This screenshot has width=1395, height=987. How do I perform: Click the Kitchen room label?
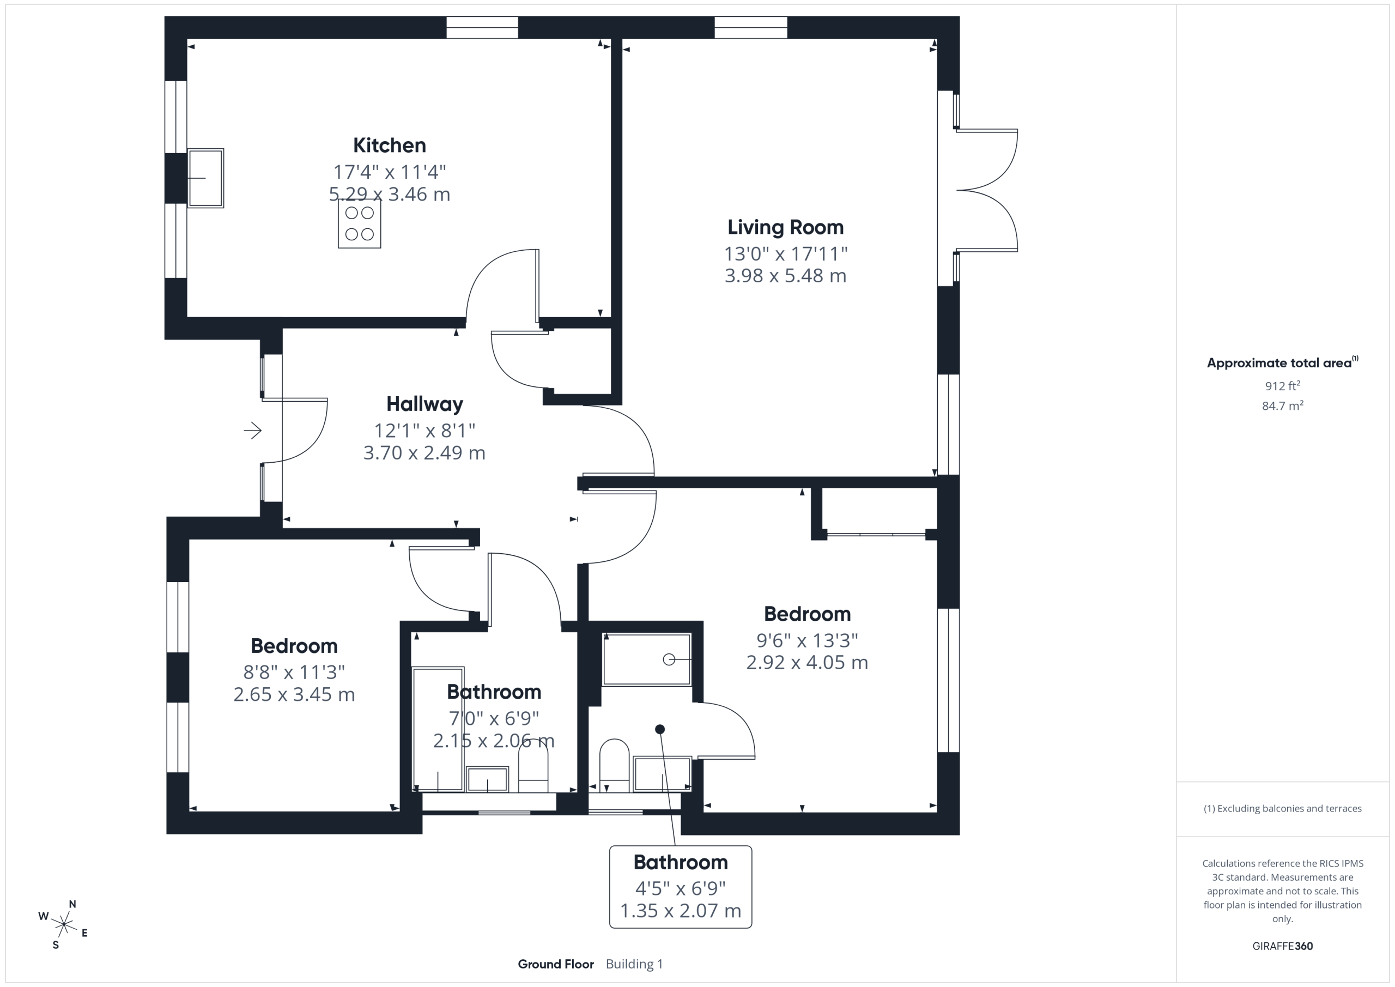[x=390, y=146]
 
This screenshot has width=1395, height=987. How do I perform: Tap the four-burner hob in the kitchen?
[x=360, y=223]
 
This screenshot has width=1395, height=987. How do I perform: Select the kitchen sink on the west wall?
[x=205, y=178]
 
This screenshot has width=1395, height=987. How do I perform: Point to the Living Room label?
[x=786, y=227]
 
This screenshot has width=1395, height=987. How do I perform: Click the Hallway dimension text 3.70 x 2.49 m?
[x=424, y=453]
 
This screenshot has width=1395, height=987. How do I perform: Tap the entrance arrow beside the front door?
[x=253, y=431]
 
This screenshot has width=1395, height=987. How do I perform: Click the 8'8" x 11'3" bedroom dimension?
[x=294, y=672]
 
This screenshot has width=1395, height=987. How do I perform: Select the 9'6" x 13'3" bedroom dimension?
[x=807, y=640]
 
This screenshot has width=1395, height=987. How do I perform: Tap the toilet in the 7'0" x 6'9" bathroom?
[x=533, y=767]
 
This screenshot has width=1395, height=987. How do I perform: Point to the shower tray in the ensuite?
[x=646, y=659]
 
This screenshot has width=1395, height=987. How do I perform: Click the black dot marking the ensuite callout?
[x=660, y=729]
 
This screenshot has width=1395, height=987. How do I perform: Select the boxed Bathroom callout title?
[x=681, y=862]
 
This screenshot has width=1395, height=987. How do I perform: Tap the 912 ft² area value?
[x=1283, y=385]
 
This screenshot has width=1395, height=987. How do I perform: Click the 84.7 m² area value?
[x=1283, y=405]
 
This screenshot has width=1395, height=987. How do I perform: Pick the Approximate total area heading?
[x=1282, y=363]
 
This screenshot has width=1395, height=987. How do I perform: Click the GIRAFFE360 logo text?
[x=1283, y=946]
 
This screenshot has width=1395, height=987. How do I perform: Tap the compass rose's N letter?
[x=72, y=904]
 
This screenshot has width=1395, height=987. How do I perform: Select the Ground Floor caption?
[x=556, y=964]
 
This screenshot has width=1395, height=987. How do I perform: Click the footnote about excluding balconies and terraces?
[x=1283, y=808]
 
